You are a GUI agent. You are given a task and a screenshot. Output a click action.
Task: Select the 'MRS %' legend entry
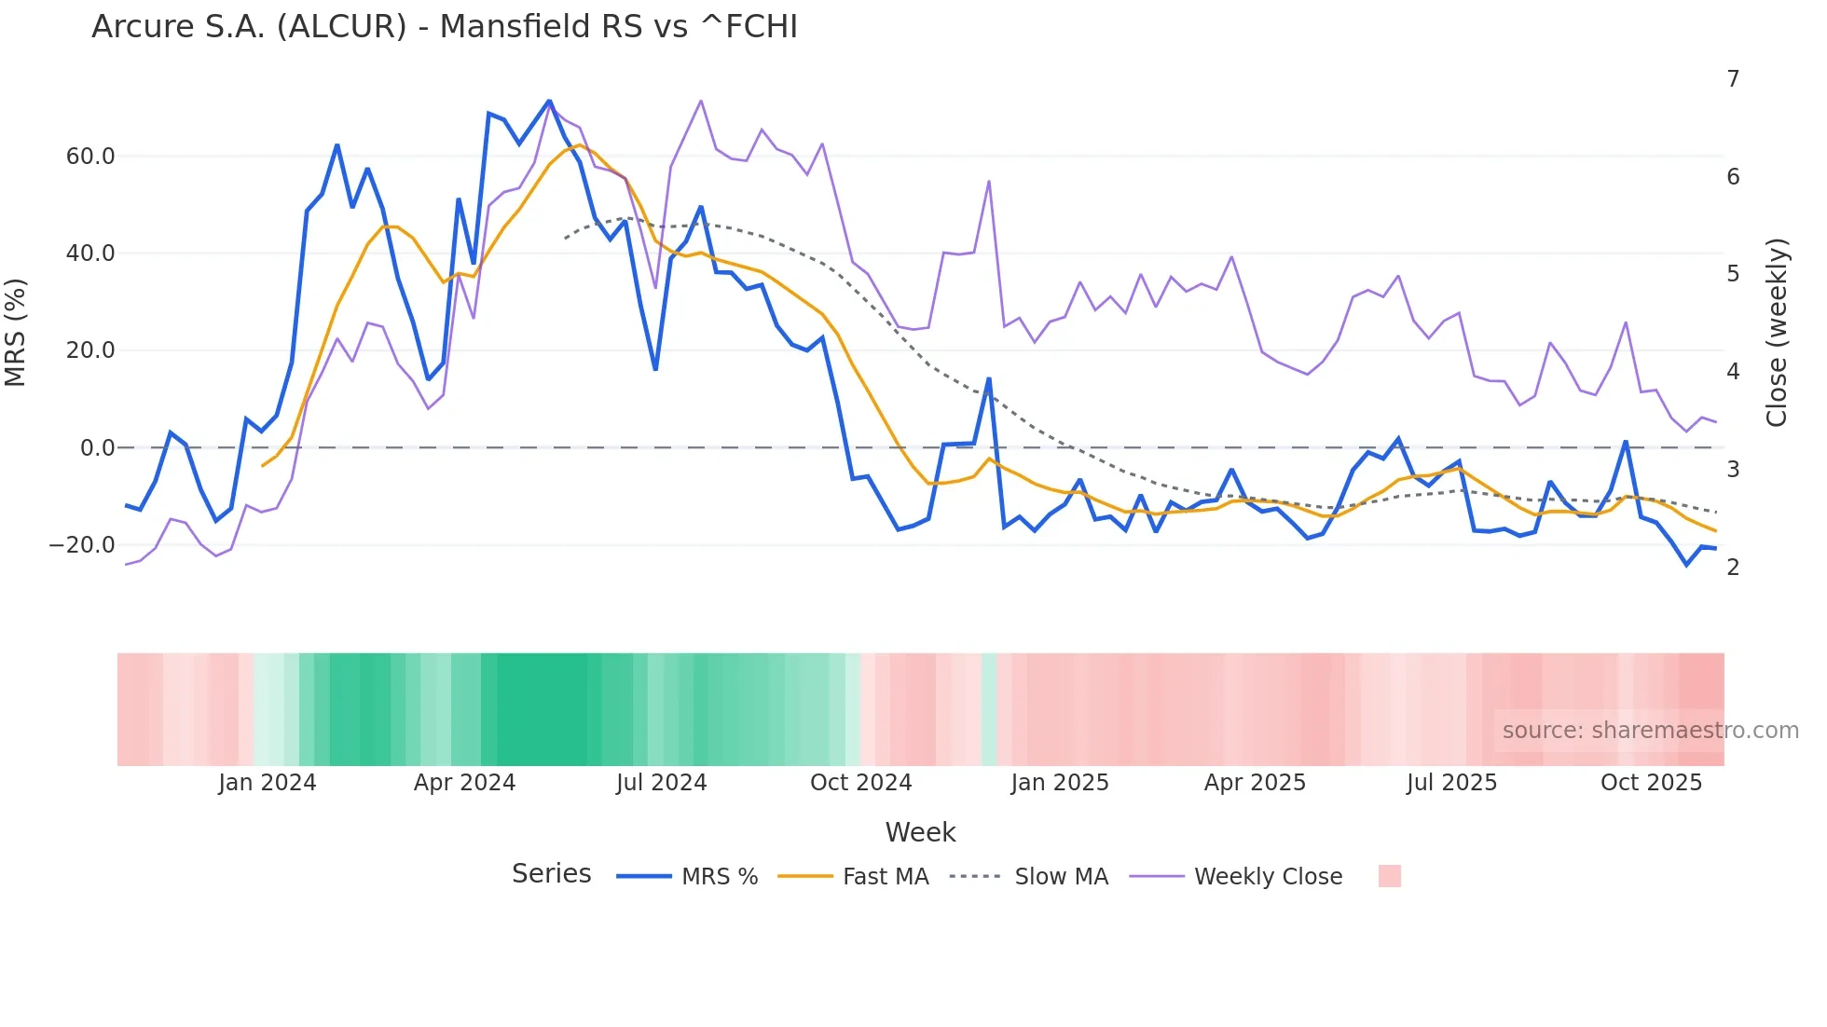719,877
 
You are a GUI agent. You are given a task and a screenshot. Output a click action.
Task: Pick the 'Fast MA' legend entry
885,877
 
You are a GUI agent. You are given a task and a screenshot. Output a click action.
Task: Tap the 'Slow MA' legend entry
1061,877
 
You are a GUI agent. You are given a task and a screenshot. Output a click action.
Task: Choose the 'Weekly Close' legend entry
1268,877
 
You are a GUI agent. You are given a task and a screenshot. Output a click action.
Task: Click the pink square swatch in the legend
1389,876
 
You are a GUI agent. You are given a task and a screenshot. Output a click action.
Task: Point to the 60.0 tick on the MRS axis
90,157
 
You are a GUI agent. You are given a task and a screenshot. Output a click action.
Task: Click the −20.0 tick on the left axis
83,545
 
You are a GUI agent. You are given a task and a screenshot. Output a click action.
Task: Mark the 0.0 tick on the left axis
98,448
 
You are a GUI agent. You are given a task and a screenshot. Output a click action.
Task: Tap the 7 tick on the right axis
1733,79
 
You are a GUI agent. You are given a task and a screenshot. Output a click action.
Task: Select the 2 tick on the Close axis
1733,568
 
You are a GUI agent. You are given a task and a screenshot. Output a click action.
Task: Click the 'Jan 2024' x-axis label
268,783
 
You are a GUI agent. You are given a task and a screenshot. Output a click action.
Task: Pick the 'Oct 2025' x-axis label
1651,783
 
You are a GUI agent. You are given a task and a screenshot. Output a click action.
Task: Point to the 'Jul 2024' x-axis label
661,783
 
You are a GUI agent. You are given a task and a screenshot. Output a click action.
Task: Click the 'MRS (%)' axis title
16,333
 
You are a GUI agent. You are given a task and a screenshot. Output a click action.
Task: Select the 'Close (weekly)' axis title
1777,333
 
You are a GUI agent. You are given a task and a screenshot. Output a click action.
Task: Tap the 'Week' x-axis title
920,832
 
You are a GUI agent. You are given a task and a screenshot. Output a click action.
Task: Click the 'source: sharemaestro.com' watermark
1650,731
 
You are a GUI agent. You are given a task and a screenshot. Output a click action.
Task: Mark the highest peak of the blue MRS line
549,101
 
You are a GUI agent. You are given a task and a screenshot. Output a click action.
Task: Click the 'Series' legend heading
551,874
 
